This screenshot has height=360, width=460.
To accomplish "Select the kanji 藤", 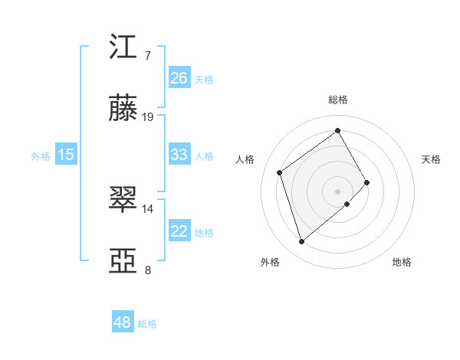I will (125, 110).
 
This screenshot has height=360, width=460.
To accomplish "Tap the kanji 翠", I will (125, 200).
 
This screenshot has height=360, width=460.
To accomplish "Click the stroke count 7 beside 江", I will (148, 55).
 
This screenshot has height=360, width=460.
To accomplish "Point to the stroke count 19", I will (148, 117).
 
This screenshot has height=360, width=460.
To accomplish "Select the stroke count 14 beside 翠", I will (148, 208).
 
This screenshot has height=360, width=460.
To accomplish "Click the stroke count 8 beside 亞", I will (148, 270).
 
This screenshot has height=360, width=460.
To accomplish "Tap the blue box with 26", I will (179, 77).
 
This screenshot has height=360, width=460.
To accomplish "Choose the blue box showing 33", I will (179, 154).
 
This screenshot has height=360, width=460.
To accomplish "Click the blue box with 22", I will (179, 231).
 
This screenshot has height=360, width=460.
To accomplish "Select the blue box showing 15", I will (66, 155).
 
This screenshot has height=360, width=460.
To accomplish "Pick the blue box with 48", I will (123, 322).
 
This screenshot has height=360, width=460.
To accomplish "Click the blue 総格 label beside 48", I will (147, 324).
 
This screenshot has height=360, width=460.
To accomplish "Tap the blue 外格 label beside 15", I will (41, 156).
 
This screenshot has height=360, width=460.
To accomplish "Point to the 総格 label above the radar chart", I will (337, 100).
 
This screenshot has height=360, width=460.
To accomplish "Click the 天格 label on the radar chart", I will (432, 159).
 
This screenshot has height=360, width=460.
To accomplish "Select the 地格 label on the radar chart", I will (402, 262).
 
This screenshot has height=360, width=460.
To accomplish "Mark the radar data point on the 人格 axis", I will (280, 172).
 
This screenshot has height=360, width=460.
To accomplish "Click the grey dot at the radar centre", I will (337, 190).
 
